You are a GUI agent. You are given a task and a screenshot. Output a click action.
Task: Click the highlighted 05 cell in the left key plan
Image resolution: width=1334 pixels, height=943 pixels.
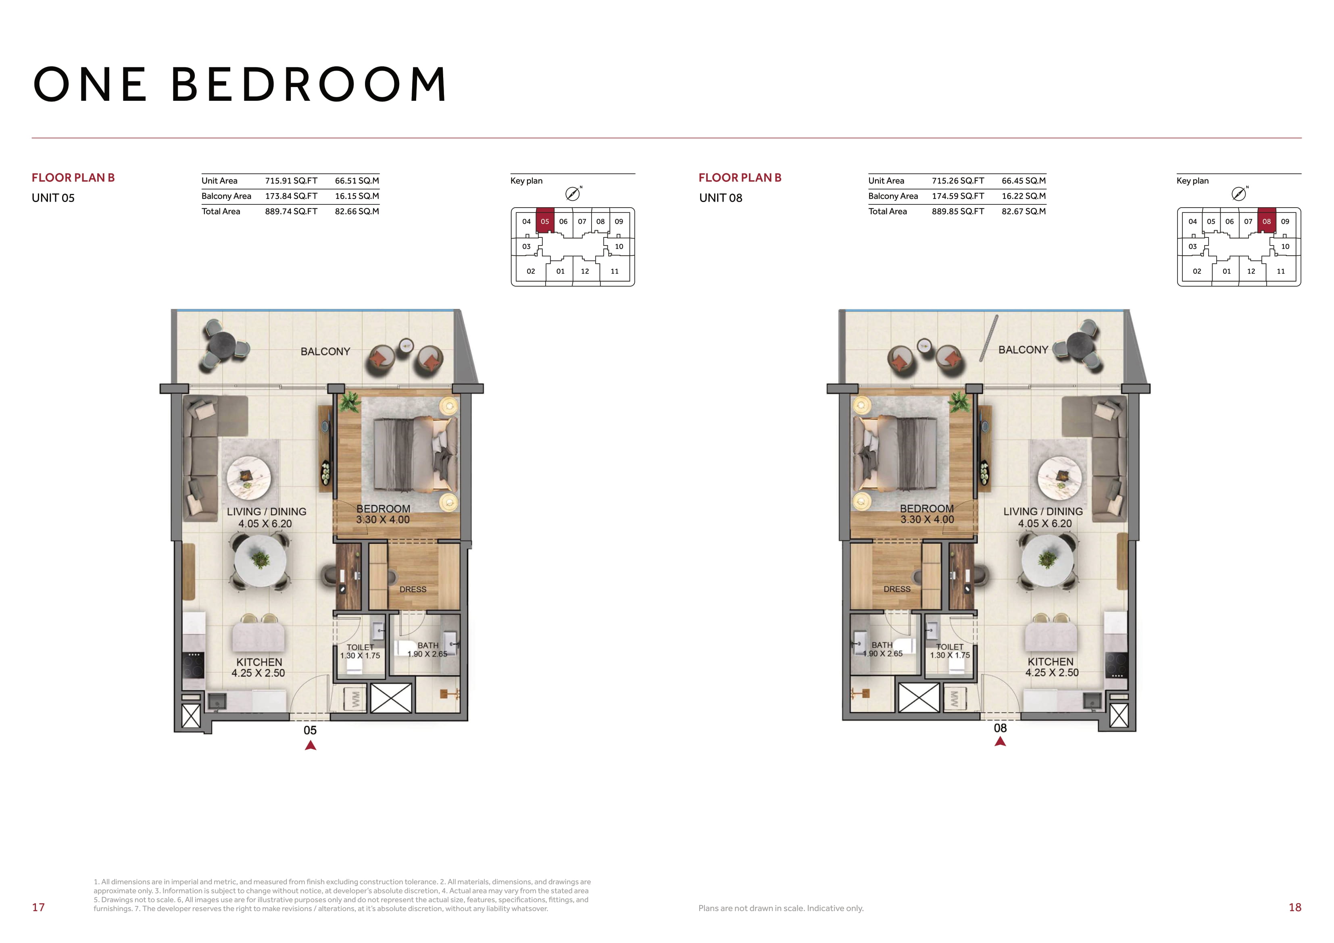[544, 221]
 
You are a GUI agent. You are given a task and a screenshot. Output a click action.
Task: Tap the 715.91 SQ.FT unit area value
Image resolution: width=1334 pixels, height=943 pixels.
[291, 181]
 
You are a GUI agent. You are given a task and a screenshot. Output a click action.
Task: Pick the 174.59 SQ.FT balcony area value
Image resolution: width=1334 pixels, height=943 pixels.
[958, 196]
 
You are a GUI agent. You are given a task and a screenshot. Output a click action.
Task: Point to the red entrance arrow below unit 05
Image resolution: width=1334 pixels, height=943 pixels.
[310, 745]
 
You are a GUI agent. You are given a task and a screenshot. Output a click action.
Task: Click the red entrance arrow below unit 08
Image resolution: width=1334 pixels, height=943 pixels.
[1000, 741]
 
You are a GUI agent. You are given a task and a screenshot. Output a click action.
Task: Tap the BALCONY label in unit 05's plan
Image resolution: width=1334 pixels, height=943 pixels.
[325, 352]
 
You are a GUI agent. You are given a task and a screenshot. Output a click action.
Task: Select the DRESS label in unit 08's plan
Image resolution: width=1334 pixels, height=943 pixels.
[897, 589]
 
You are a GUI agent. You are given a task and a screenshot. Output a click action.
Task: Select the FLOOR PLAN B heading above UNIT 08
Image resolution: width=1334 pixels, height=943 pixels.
[740, 178]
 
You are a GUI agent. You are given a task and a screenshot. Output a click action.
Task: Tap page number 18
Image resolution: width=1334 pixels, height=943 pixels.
[1295, 907]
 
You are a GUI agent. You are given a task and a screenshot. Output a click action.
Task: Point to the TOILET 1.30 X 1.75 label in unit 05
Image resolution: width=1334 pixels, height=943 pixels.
[360, 652]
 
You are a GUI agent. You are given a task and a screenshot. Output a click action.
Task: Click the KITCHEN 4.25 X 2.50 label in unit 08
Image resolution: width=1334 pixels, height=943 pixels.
[1051, 667]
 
